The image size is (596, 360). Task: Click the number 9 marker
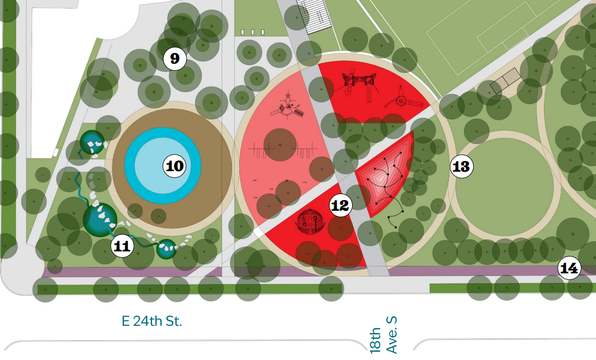pos(174,58)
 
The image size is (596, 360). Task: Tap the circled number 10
pos(174,166)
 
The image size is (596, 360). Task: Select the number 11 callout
pos(123,246)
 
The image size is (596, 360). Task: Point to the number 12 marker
pos(340,205)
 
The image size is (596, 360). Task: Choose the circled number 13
pos(461,167)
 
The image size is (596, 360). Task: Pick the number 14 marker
pos(569,269)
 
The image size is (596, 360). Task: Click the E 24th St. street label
pos(152,321)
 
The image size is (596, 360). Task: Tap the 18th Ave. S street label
pos(384,334)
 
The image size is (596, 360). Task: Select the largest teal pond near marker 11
pos(100,220)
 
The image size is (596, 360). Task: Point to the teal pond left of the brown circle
pos(92,142)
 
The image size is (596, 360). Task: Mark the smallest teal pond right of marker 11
pos(166,249)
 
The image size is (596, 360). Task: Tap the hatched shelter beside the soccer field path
pos(505,81)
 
